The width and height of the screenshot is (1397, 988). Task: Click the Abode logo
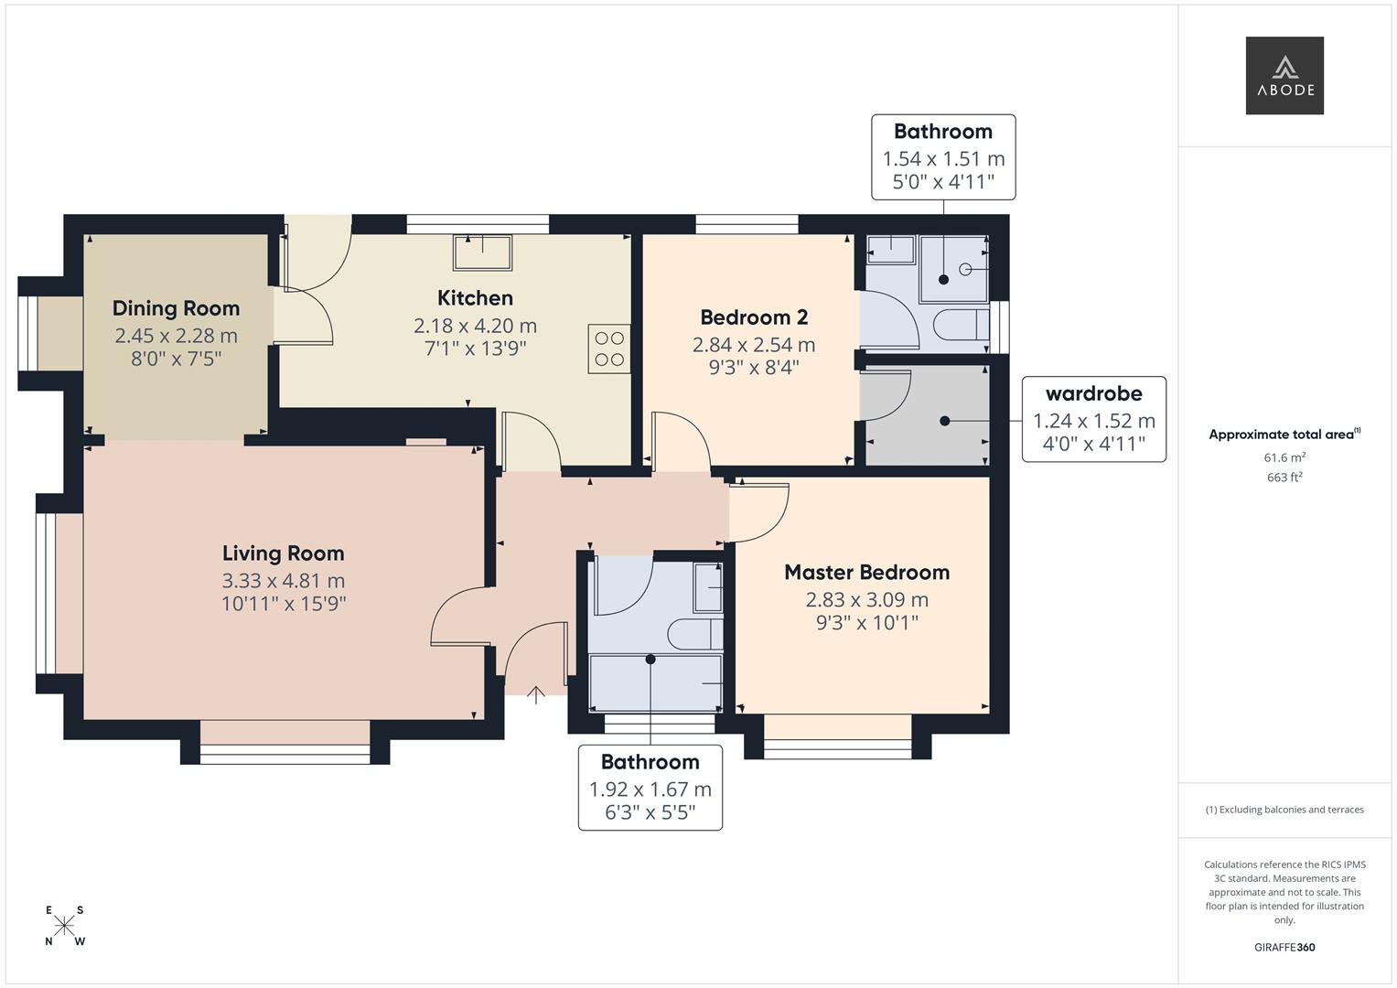[x=1284, y=75]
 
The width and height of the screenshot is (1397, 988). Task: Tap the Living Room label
[x=284, y=553]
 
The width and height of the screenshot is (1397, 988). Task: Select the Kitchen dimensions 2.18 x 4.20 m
[x=475, y=326]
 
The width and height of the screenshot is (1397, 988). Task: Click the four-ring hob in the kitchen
[x=609, y=349]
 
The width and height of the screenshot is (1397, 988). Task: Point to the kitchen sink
[x=483, y=252]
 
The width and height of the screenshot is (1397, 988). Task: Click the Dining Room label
[x=176, y=308]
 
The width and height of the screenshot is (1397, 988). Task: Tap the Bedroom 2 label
[x=754, y=317]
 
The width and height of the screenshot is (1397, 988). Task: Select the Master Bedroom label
[x=866, y=573]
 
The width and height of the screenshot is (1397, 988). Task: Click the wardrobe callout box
[x=1093, y=419]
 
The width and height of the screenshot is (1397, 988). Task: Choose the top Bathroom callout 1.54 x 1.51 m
[x=943, y=156]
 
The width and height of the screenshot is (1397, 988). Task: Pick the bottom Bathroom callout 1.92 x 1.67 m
[x=650, y=788]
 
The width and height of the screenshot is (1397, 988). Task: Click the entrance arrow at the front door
[x=536, y=694]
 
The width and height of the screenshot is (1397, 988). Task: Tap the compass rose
[x=64, y=925]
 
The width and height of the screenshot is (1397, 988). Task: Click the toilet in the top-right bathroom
[x=960, y=325]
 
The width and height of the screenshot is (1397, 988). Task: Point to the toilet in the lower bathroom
[x=695, y=634]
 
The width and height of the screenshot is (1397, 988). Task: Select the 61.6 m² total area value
[x=1284, y=457]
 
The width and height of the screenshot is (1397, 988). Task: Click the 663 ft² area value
[x=1284, y=478]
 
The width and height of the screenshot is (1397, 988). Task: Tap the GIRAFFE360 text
[x=1284, y=948]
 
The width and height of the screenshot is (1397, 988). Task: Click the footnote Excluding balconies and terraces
[x=1284, y=810]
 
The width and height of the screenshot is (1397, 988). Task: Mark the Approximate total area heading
[x=1284, y=435]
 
